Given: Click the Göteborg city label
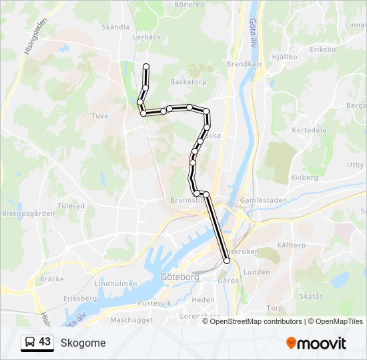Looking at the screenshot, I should [x=180, y=277].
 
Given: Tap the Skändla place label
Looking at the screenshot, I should [x=115, y=27].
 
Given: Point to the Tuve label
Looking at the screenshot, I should [x=99, y=115].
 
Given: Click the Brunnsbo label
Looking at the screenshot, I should [x=186, y=199].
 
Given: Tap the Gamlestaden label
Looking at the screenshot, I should [x=263, y=200].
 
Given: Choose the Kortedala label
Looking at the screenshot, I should [x=308, y=130].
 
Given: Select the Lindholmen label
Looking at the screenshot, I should [x=116, y=283].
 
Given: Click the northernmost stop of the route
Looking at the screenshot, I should [x=146, y=65].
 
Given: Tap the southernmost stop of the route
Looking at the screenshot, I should [x=227, y=261].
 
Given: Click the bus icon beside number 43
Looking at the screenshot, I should [x=29, y=342].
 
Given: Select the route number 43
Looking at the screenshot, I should [x=45, y=342].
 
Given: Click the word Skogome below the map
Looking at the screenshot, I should [x=83, y=343].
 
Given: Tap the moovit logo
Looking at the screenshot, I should [x=316, y=343].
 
